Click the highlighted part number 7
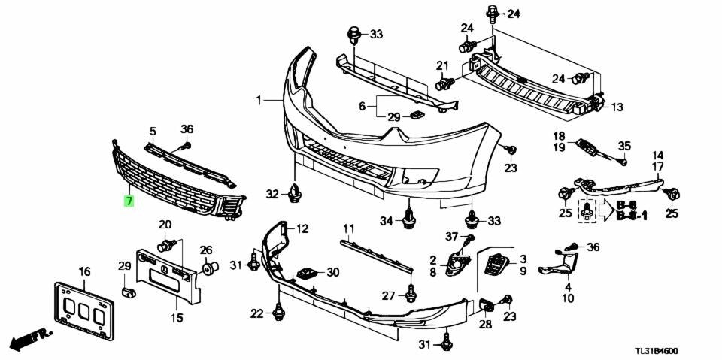129,201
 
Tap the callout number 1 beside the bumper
259,100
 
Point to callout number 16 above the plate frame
83,271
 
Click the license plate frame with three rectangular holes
82,308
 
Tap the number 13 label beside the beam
617,107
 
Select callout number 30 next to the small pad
332,272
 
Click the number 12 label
302,228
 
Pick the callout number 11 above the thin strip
348,228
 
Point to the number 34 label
386,220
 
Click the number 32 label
272,195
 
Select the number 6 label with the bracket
362,107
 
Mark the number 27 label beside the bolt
388,295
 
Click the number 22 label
257,313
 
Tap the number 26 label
206,250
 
